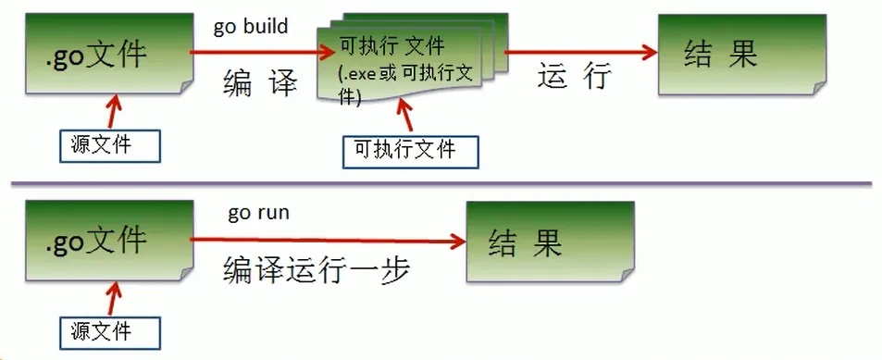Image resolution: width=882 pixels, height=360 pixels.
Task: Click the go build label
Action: (251, 26)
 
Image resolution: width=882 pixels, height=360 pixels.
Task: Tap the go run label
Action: (258, 213)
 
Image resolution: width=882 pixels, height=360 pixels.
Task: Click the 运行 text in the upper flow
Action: (574, 78)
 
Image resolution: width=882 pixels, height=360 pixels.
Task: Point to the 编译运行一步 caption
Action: (317, 270)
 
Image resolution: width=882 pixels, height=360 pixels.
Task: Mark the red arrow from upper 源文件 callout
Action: (113, 113)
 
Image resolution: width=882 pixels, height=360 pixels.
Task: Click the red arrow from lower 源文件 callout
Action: (113, 299)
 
